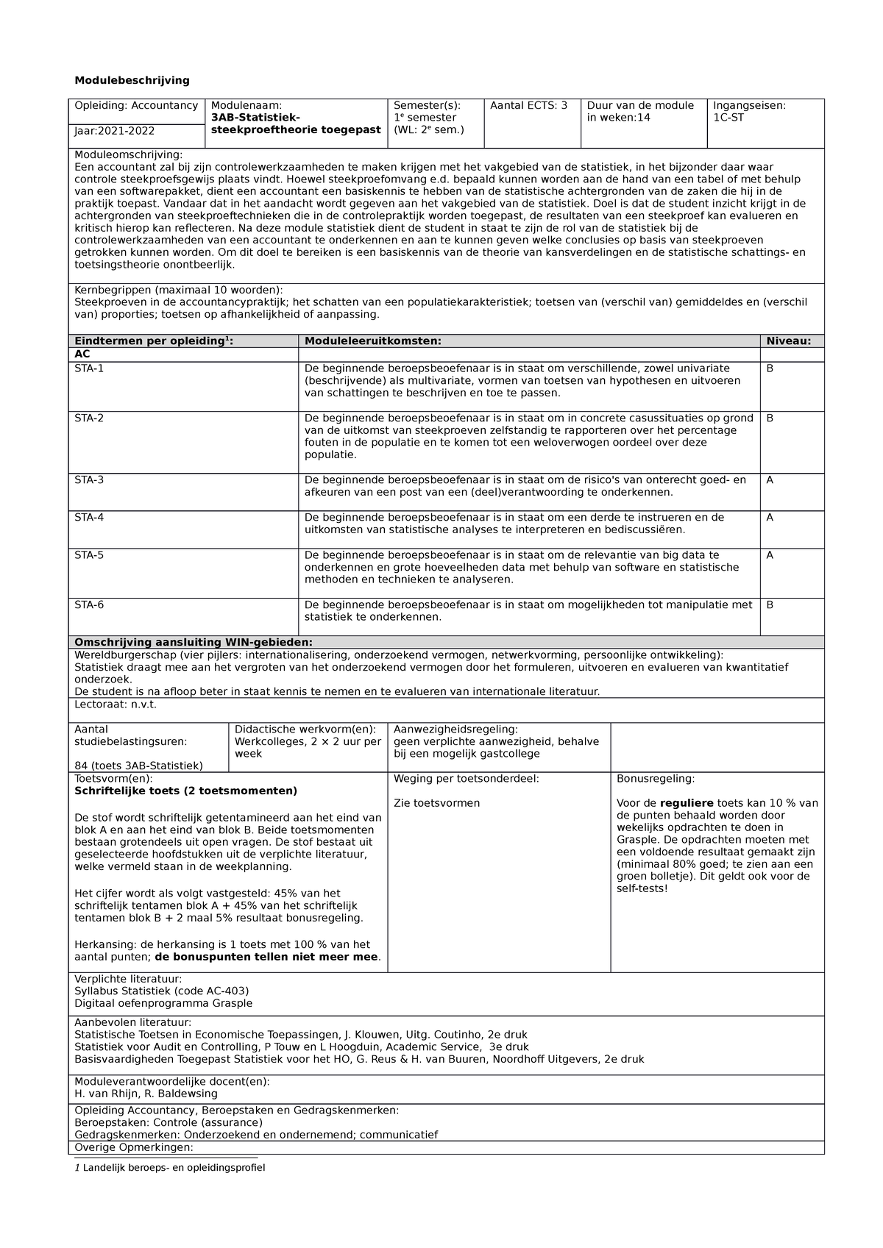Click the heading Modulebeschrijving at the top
(x=132, y=80)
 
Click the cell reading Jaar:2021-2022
(x=114, y=131)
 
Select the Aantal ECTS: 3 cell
(x=528, y=105)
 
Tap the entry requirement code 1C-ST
(x=728, y=118)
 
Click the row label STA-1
(x=89, y=368)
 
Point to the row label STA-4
(x=89, y=518)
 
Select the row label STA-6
(x=89, y=605)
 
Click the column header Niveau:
(x=788, y=341)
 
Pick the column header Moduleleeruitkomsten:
(x=373, y=341)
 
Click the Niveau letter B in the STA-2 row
(x=770, y=418)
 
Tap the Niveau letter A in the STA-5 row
(x=770, y=555)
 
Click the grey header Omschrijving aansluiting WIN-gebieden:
(x=194, y=642)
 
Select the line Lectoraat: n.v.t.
(x=116, y=705)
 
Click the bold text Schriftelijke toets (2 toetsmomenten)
(x=185, y=791)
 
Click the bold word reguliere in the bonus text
(x=687, y=804)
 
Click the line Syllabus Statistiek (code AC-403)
(x=162, y=991)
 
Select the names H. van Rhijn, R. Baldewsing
(x=146, y=1094)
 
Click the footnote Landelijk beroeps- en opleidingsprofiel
(x=173, y=1168)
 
